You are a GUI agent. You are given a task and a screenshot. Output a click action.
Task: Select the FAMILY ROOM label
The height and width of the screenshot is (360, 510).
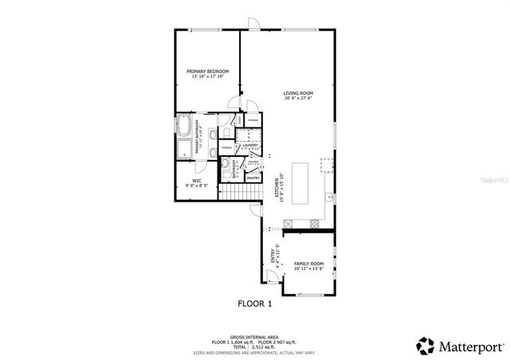[308, 264]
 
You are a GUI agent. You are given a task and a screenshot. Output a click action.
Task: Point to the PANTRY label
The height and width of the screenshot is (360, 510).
[253, 178]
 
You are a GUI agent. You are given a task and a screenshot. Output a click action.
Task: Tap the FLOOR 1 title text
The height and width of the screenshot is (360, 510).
[255, 303]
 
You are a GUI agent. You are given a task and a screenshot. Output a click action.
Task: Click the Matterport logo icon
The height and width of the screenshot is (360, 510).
[425, 346]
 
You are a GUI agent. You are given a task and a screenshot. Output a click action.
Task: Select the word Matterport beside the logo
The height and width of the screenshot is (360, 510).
[469, 346]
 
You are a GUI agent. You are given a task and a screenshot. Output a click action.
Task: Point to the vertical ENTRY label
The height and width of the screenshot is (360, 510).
[272, 256]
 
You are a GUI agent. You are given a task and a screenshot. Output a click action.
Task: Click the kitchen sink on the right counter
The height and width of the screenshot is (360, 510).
[328, 197]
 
